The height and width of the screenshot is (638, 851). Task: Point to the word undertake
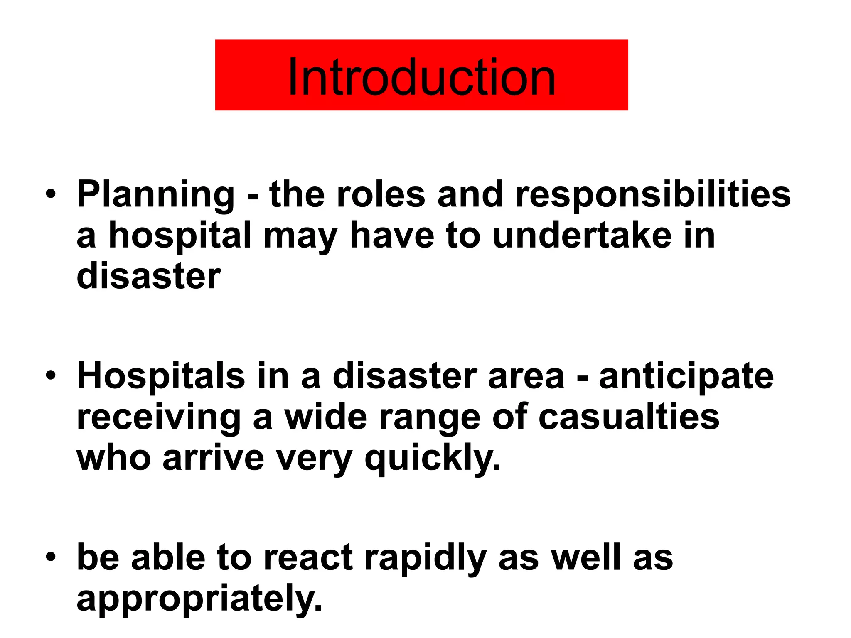point(582,235)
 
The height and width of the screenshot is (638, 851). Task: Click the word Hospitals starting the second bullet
point(161,376)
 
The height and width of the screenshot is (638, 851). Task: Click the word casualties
point(629,417)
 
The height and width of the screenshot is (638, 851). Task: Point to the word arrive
point(213,459)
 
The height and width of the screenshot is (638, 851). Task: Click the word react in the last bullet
point(308,558)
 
